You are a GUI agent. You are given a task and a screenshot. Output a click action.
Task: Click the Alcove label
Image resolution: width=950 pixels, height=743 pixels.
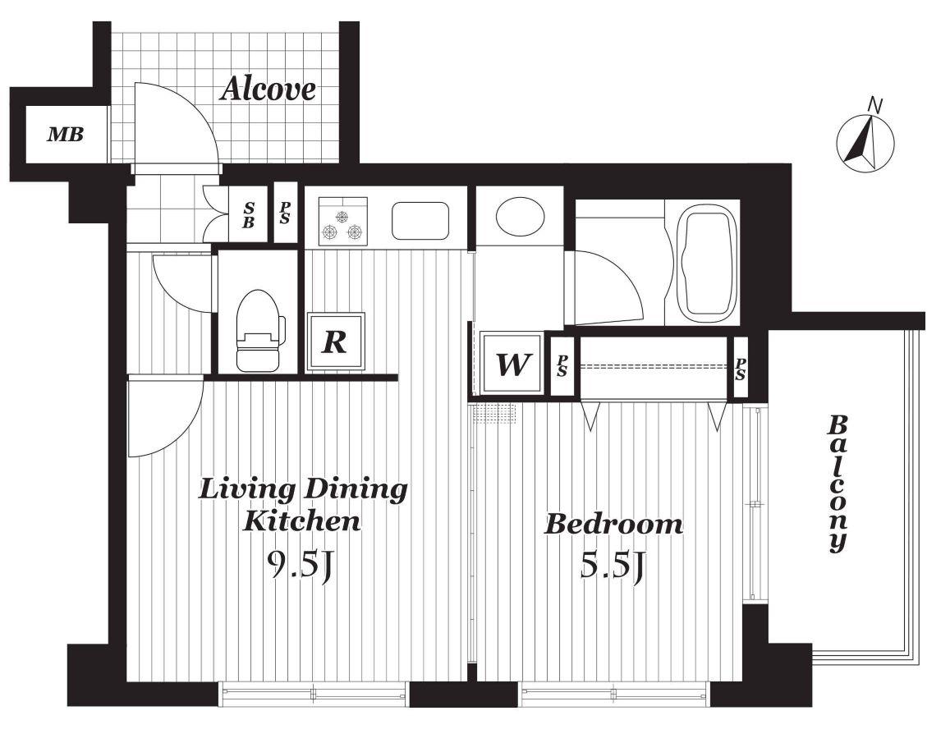(268, 89)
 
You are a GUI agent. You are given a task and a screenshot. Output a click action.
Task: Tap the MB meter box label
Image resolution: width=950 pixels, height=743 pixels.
(66, 134)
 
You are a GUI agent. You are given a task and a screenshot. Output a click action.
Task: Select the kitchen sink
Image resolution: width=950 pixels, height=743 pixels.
(420, 221)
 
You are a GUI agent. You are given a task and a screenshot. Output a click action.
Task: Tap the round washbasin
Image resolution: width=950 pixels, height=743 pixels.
(520, 216)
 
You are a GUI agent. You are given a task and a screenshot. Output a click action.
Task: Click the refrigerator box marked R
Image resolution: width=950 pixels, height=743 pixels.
(335, 342)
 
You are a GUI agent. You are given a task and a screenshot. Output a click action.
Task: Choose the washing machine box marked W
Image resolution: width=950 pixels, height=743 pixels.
(512, 364)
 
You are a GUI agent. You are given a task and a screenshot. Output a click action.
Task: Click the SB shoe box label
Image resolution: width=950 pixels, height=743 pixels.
(249, 215)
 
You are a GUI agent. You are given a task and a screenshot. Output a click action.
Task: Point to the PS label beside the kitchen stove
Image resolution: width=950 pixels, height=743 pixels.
(284, 213)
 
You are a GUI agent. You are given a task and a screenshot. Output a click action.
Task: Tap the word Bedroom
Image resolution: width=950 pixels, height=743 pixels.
(613, 525)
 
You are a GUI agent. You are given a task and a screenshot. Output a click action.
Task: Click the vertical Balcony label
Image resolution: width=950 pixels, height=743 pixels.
(838, 483)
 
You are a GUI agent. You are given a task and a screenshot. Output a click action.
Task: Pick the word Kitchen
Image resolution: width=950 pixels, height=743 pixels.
(301, 521)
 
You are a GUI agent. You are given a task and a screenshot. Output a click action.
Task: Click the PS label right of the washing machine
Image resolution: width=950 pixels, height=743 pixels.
(562, 365)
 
